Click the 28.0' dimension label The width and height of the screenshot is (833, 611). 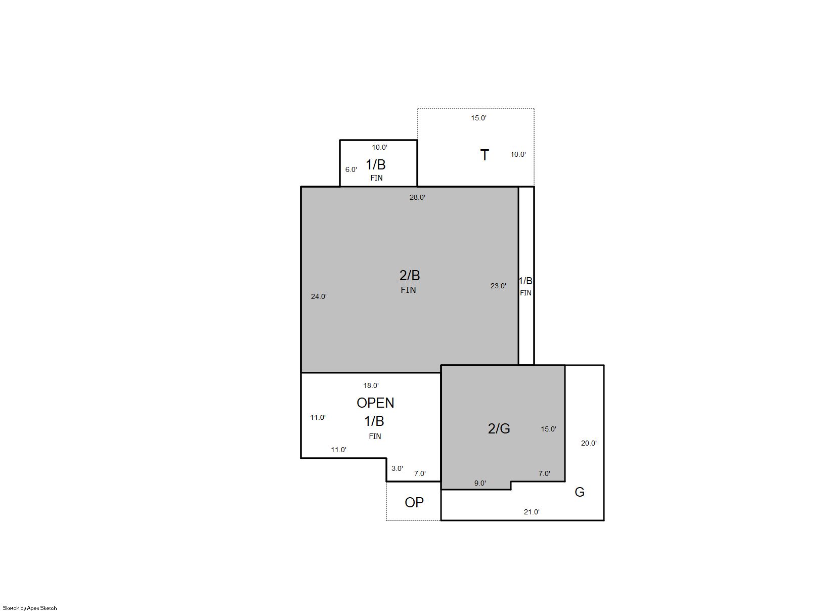click(417, 197)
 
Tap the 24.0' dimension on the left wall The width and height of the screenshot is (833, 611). click(319, 296)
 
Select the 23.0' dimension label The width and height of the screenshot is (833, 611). click(498, 286)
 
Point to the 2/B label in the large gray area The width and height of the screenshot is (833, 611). click(410, 275)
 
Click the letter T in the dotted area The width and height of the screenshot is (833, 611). click(484, 155)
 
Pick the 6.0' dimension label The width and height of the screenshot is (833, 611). click(351, 169)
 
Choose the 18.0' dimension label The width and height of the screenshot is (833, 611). click(371, 385)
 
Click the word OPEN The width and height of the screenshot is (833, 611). click(375, 403)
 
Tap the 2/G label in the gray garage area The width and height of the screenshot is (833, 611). click(499, 429)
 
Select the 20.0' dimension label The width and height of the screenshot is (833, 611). click(589, 443)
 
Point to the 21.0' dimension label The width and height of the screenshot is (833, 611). click(532, 512)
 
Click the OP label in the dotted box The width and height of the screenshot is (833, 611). click(414, 502)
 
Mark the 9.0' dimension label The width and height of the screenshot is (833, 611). click(479, 483)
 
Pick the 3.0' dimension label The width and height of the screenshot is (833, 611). click(397, 468)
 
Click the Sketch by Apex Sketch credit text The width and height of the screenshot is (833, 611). click(30, 608)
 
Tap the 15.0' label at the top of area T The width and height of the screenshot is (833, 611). click(478, 118)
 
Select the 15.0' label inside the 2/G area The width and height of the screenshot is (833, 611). click(548, 429)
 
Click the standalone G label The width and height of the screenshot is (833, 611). click(580, 492)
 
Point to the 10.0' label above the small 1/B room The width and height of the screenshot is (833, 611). click(379, 147)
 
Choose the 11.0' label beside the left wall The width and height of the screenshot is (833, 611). click(318, 417)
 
